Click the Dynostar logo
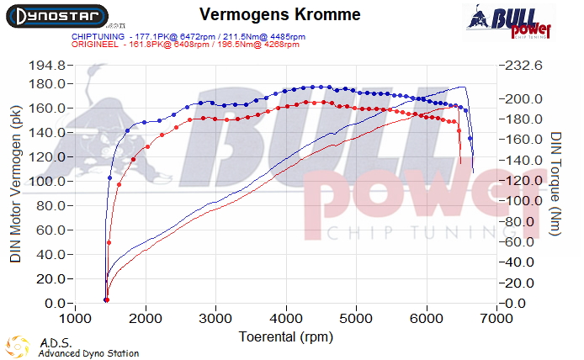[58, 16]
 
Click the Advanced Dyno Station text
[88, 353]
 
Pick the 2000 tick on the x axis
[146, 319]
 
